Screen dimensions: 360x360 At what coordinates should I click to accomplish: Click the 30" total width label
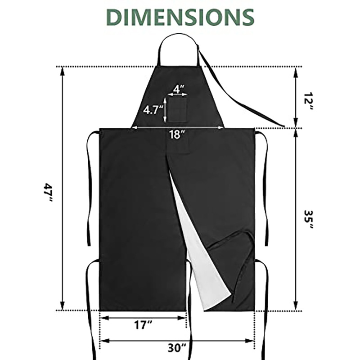(178, 347)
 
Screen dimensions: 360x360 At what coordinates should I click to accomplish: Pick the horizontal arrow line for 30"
(135, 340)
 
